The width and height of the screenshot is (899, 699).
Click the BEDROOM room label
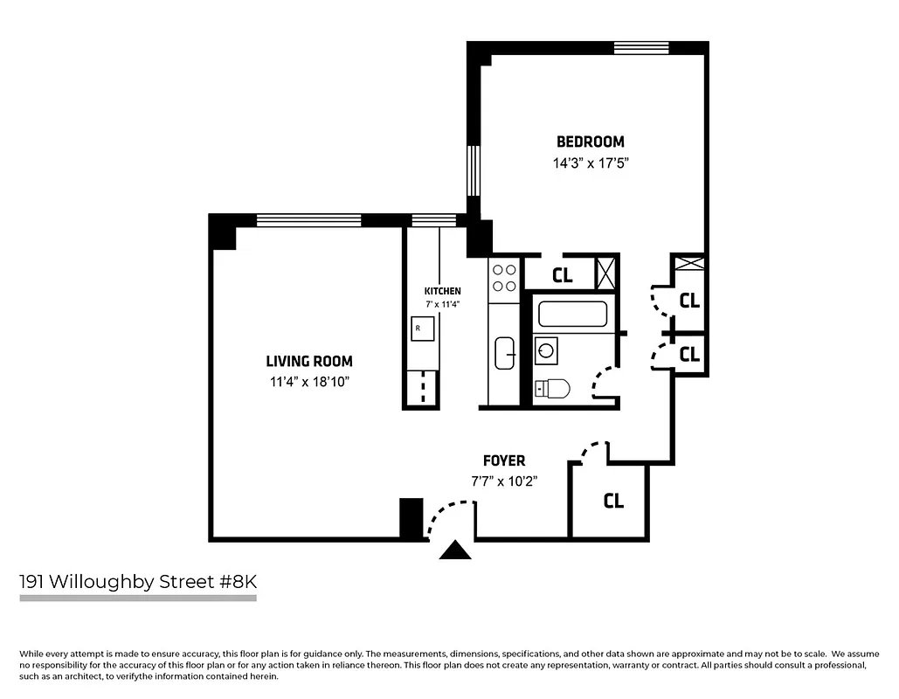(x=591, y=142)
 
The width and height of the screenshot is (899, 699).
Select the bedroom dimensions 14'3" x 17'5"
(x=591, y=163)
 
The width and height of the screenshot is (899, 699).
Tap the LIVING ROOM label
(x=309, y=361)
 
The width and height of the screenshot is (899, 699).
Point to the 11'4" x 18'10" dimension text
(x=309, y=382)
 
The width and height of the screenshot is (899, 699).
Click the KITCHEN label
(x=442, y=291)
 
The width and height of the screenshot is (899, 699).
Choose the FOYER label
(x=504, y=460)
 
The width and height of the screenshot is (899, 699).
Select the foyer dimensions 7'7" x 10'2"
(x=504, y=481)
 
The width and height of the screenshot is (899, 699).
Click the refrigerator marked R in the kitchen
(x=419, y=329)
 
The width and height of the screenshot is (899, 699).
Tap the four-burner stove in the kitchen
(x=504, y=278)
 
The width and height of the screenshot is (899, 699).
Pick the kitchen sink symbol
(x=505, y=353)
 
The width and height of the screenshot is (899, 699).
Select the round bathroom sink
(x=547, y=351)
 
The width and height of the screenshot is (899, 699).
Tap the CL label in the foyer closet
(x=613, y=501)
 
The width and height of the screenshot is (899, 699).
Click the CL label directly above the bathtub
(x=563, y=276)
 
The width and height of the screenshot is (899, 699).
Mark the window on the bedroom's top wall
(x=641, y=47)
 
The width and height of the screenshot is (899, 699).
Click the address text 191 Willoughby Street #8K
(x=139, y=581)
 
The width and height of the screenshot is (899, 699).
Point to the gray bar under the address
(x=138, y=599)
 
